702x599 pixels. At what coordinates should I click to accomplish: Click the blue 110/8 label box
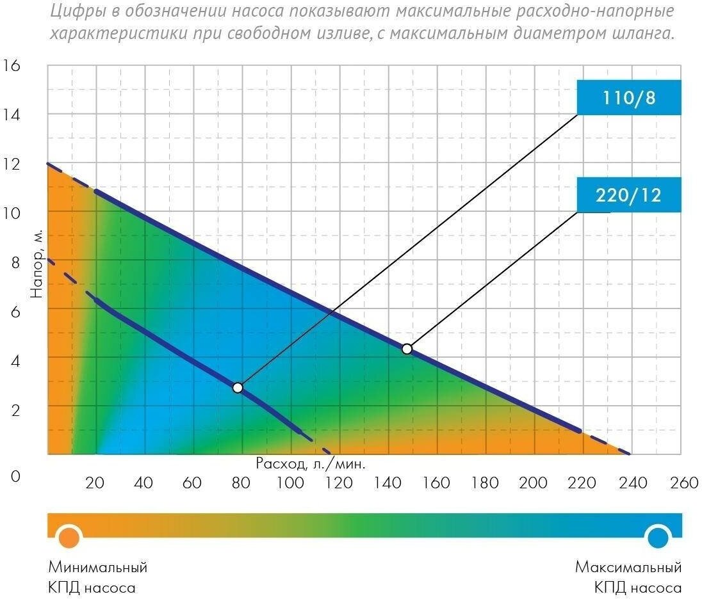pyautogui.click(x=628, y=98)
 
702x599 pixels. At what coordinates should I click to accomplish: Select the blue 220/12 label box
pyautogui.click(x=628, y=195)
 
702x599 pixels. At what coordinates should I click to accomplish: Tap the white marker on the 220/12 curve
pyautogui.click(x=407, y=349)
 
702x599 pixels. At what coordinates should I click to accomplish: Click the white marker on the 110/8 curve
pyautogui.click(x=238, y=387)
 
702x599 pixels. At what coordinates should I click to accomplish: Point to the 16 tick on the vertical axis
pyautogui.click(x=12, y=65)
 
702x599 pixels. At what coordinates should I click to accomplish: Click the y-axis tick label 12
pyautogui.click(x=12, y=163)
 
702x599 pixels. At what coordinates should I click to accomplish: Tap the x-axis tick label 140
pyautogui.click(x=387, y=483)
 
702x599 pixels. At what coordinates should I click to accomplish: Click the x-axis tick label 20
pyautogui.click(x=95, y=483)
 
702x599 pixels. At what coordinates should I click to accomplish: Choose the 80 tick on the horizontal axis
pyautogui.click(x=241, y=483)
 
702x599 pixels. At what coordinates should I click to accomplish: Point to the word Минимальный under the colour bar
pyautogui.click(x=98, y=567)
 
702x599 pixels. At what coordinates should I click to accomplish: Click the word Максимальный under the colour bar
pyautogui.click(x=628, y=567)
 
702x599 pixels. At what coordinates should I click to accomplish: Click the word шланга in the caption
pyautogui.click(x=644, y=33)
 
